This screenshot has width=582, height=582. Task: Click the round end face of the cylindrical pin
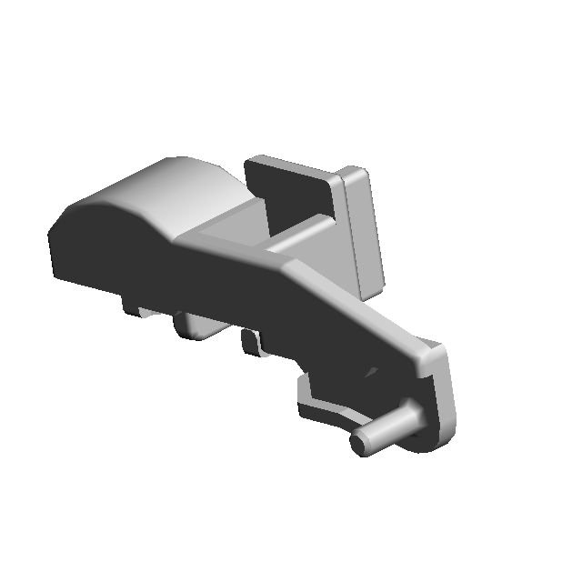coord(360,444)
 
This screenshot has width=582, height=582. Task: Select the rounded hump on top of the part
coord(182,186)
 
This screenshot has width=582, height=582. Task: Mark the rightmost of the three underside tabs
coord(251,343)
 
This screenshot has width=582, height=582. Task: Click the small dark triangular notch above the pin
coord(370,372)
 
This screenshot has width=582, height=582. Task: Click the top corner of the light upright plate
coord(355,171)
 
